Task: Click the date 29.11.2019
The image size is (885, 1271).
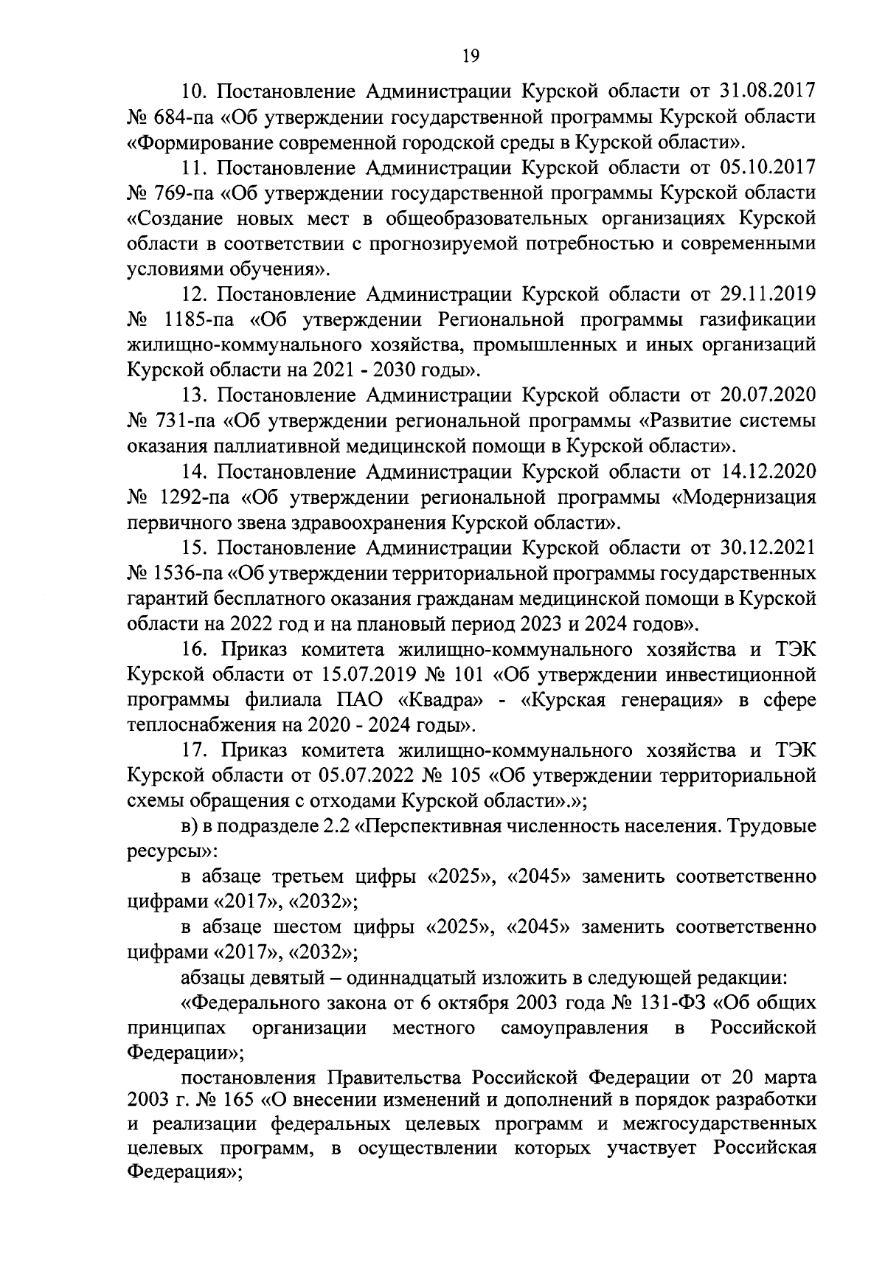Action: (x=766, y=294)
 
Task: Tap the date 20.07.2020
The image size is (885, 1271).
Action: (x=766, y=395)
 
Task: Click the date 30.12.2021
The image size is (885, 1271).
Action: (x=766, y=548)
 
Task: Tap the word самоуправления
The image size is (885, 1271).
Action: (x=575, y=1028)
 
